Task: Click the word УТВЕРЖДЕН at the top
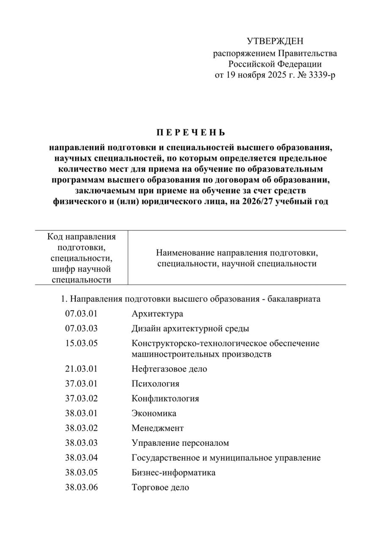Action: (x=275, y=41)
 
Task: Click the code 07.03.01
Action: (x=81, y=314)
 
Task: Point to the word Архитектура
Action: (x=157, y=314)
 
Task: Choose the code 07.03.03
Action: (x=81, y=328)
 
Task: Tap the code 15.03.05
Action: (x=81, y=343)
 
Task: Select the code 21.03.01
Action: (x=81, y=369)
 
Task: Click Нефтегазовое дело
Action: (x=169, y=369)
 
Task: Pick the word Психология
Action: (x=155, y=384)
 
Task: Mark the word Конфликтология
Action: (x=165, y=399)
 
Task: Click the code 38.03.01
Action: (x=81, y=413)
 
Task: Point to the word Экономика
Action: (x=154, y=413)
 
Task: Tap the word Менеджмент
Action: (x=157, y=428)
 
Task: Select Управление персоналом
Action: (x=180, y=443)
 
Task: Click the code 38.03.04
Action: (x=81, y=458)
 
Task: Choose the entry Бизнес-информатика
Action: (x=173, y=473)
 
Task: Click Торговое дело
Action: (x=160, y=487)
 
